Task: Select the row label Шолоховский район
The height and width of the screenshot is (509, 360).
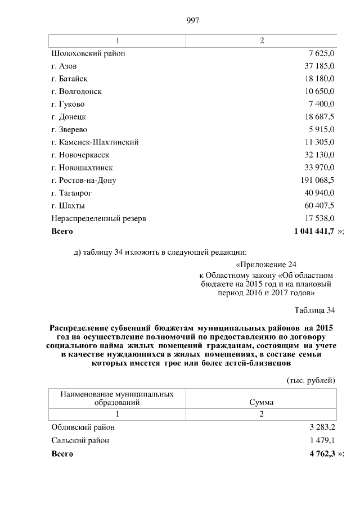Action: coord(88,53)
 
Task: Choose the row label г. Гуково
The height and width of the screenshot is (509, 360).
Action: coord(67,104)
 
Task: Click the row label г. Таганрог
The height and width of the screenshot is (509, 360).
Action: coord(71,193)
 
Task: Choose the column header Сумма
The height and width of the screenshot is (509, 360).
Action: coord(262,403)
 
